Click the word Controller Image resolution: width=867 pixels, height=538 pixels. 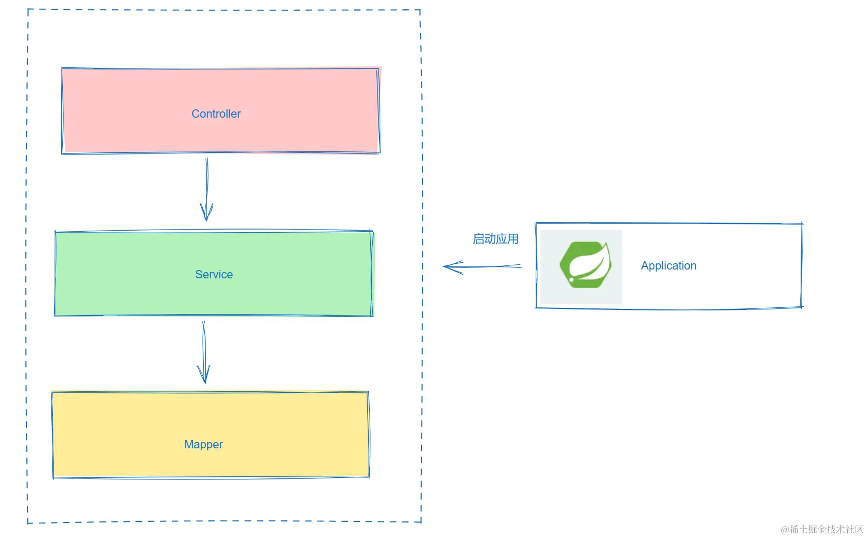[216, 114]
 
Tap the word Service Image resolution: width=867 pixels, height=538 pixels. [214, 274]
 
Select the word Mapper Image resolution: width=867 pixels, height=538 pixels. [204, 444]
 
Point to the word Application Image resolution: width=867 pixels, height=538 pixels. [668, 266]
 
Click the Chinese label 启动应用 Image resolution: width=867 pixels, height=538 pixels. [495, 239]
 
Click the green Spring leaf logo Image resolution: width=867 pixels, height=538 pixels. [585, 265]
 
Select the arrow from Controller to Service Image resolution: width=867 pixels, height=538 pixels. [207, 190]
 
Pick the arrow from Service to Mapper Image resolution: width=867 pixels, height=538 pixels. [204, 352]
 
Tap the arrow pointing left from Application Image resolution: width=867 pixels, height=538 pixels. [482, 266]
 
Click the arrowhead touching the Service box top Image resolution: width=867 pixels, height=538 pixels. [206, 213]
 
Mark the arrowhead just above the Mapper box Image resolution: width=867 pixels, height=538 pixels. [204, 374]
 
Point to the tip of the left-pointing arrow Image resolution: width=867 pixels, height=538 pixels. [443, 266]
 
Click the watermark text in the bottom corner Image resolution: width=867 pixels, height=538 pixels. [822, 529]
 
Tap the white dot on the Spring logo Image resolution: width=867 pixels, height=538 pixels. [571, 279]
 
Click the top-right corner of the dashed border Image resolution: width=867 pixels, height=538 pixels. [421, 10]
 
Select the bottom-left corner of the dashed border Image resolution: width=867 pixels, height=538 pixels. [27, 523]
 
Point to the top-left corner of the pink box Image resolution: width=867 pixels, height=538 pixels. [62, 68]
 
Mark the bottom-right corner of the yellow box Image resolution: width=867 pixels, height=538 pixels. [369, 477]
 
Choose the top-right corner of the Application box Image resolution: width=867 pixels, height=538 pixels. [802, 223]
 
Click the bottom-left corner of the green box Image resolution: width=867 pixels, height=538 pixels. [55, 316]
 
